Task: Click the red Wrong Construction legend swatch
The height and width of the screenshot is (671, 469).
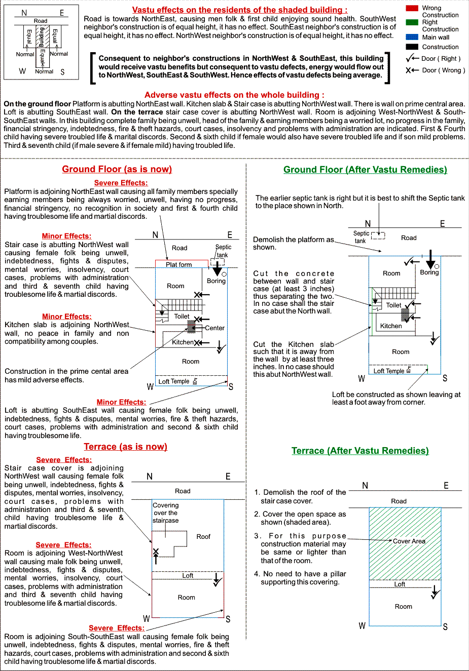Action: tap(412, 8)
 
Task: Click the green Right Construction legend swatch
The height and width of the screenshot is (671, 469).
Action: tap(412, 22)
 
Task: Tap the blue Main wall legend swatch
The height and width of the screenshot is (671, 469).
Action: tap(412, 37)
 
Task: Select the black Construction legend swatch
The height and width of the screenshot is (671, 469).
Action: tap(412, 47)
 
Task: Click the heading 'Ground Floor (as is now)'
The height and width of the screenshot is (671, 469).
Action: tap(117, 169)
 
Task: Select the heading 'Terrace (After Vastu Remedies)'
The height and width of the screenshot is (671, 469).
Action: tap(360, 451)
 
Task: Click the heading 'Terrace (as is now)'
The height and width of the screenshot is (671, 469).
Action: tap(125, 447)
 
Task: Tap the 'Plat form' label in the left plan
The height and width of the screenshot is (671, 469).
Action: tap(179, 264)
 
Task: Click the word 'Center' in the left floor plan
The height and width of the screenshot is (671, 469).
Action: tap(214, 328)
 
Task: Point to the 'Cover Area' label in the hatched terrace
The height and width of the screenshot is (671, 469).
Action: tap(409, 541)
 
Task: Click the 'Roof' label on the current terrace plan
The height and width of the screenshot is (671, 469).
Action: tap(203, 537)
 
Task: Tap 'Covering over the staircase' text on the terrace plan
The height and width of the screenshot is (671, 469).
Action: tap(166, 512)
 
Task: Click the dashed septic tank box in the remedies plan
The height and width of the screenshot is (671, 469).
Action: tap(378, 235)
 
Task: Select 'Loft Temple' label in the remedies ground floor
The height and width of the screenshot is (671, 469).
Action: tap(389, 371)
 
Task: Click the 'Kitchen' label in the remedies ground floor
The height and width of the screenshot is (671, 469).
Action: tap(391, 326)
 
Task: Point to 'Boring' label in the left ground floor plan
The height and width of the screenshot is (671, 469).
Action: tap(216, 281)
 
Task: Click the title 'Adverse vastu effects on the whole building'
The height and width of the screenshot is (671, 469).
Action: tap(234, 95)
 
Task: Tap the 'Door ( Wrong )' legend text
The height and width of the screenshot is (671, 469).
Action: tap(443, 70)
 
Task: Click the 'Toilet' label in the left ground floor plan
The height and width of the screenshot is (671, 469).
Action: tap(182, 317)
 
